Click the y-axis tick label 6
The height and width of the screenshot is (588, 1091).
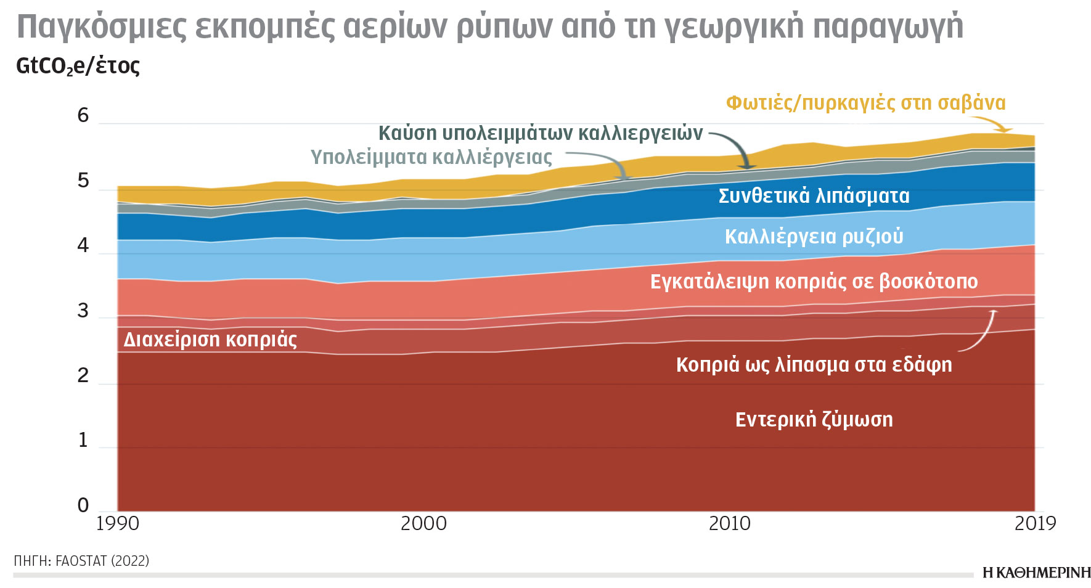(x=83, y=115)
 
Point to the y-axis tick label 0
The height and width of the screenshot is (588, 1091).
(x=83, y=505)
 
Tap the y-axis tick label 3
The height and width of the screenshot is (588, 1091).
(x=83, y=311)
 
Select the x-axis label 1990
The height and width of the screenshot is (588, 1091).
(x=118, y=523)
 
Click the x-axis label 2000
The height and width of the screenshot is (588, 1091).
(x=423, y=523)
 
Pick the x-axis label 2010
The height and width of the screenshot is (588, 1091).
(x=730, y=523)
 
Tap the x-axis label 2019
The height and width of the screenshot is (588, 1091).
(x=1035, y=523)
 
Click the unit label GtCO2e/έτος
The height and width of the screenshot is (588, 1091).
(x=78, y=66)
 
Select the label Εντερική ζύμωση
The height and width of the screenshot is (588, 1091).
(x=814, y=420)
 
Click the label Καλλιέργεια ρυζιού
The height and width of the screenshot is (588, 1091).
(x=814, y=237)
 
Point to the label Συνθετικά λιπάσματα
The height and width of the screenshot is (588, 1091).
(x=814, y=196)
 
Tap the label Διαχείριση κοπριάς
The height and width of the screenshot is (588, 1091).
(x=210, y=340)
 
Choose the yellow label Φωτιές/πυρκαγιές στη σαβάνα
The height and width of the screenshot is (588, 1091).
(x=865, y=103)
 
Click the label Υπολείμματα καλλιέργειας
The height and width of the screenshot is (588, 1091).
(x=431, y=157)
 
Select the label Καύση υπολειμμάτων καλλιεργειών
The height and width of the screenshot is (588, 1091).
(x=540, y=133)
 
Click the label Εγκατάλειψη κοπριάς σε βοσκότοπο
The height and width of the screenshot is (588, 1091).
(x=814, y=282)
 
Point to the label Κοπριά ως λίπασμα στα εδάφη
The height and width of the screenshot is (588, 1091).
(x=814, y=365)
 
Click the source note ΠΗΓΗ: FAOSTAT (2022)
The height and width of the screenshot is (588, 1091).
(x=81, y=561)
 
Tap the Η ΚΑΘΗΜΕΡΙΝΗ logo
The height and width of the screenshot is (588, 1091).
(x=1036, y=573)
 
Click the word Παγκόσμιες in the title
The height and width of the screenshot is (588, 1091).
(x=101, y=27)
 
